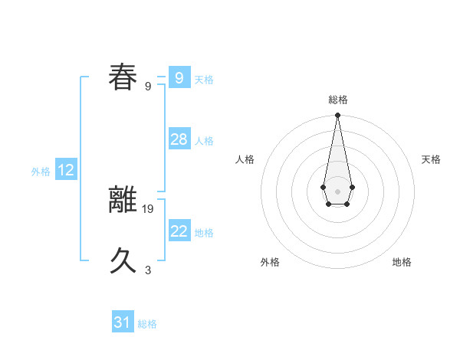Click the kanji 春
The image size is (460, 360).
[x=123, y=77]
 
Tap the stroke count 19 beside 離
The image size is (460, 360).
[x=149, y=208]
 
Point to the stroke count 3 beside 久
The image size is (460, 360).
[x=148, y=270]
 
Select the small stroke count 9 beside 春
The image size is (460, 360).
[x=148, y=86]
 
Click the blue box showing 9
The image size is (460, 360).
[x=179, y=78]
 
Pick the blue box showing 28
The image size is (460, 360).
[x=179, y=139]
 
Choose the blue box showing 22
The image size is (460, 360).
[x=179, y=231]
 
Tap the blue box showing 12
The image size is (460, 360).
[x=66, y=171]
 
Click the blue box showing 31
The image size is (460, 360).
[x=123, y=322]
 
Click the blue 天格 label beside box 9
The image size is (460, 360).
[x=204, y=80]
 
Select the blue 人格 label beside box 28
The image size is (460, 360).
[x=204, y=141]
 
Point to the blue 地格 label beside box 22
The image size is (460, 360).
[x=204, y=233]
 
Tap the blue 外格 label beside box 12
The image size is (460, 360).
[x=41, y=172]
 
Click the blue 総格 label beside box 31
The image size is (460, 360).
[x=147, y=324]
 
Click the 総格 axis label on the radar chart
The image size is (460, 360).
[x=338, y=100]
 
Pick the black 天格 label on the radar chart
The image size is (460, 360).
[x=431, y=159]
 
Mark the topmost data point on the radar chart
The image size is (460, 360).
[x=337, y=116]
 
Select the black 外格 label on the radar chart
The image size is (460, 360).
[x=270, y=263]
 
